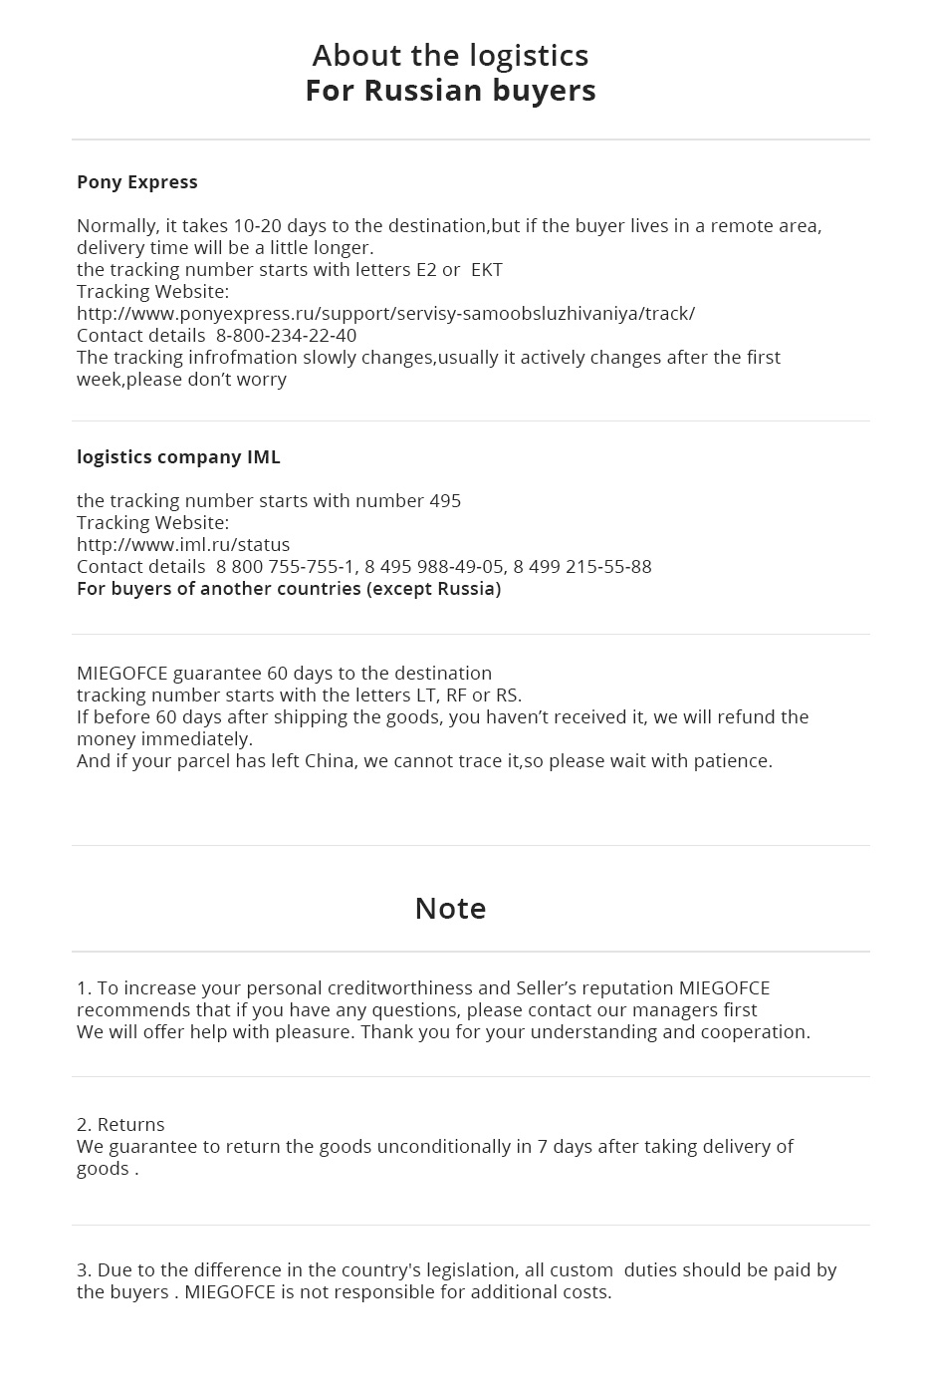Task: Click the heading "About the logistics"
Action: click(x=450, y=55)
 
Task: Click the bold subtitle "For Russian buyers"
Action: click(x=450, y=91)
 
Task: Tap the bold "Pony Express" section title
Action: click(x=137, y=182)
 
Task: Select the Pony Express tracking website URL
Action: click(x=385, y=314)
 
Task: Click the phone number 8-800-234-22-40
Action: click(x=286, y=336)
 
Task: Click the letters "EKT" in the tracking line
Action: click(x=486, y=270)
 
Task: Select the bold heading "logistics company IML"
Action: click(x=178, y=457)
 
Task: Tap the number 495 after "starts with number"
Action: click(x=445, y=501)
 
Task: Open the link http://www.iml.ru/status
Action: click(x=183, y=545)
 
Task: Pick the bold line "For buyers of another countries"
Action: click(x=289, y=589)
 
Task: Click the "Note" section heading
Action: click(x=450, y=909)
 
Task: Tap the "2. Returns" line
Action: click(x=120, y=1125)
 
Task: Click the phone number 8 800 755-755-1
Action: click(x=285, y=567)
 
